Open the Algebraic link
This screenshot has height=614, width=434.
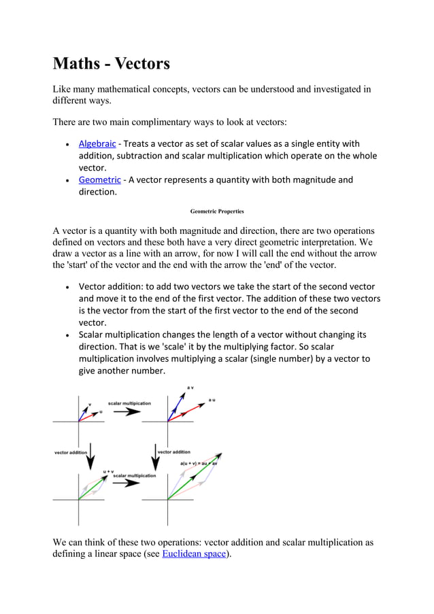97,143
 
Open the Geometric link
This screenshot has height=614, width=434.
99,180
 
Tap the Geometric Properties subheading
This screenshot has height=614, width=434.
216,211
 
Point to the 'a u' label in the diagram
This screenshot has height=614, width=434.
213,400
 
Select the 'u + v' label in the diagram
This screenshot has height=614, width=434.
107,471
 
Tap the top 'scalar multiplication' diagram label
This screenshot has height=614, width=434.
129,403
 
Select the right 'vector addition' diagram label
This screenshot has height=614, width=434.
173,451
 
